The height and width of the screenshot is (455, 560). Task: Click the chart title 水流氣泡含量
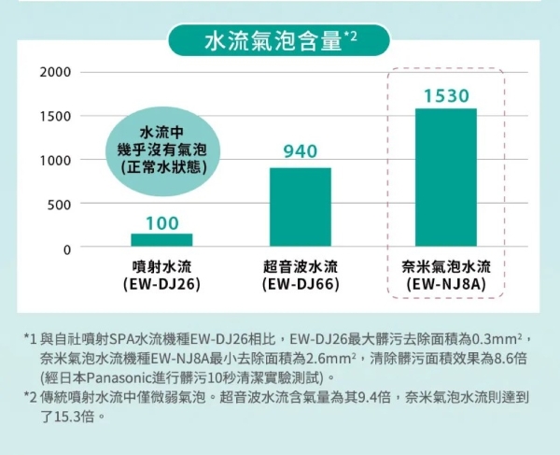pos(272,40)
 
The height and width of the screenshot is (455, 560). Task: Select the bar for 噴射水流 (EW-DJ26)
pos(161,240)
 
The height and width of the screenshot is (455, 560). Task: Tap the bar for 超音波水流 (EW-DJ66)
pos(300,206)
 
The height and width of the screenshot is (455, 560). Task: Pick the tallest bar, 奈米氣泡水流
pos(445,177)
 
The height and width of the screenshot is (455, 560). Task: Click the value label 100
pos(161,222)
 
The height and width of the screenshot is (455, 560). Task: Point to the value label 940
pos(300,151)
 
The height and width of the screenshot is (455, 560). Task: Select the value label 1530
pos(445,95)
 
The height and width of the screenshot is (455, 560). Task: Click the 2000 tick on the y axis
pos(55,73)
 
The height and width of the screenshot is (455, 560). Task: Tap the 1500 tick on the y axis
pos(55,117)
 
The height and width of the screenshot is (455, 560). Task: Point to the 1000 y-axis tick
pos(55,160)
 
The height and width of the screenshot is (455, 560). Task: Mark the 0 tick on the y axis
pos(66,249)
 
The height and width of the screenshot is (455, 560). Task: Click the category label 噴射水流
pos(161,266)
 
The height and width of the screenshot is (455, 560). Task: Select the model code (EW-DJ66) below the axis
pos(300,283)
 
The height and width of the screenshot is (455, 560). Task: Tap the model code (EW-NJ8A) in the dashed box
pos(445,283)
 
